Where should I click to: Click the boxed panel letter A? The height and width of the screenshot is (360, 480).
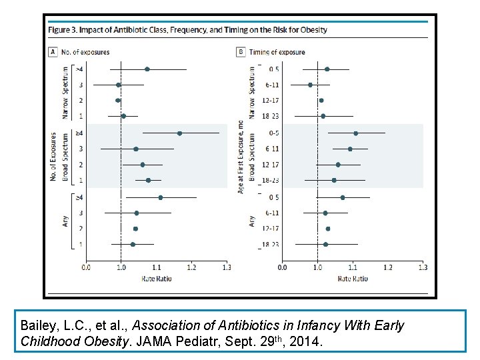tap(53, 52)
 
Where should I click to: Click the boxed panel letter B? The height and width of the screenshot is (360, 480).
tap(240, 52)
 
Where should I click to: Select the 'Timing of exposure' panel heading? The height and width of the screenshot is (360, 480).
tap(277, 52)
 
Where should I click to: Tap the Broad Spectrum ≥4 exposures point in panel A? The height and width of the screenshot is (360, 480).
tap(179, 133)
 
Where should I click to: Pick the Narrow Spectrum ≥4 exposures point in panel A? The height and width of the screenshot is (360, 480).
tap(147, 69)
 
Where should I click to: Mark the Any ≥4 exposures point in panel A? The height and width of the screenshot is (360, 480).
tap(161, 197)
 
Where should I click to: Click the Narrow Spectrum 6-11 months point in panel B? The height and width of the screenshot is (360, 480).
tap(310, 85)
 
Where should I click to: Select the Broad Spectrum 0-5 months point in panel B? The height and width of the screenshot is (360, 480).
tap(355, 133)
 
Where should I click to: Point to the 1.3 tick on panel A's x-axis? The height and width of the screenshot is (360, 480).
tap(226, 268)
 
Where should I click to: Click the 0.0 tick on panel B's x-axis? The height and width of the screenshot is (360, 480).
tap(283, 268)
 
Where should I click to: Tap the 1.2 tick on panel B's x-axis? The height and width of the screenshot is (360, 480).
tap(387, 268)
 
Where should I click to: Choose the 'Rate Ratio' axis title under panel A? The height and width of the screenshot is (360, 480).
tap(156, 279)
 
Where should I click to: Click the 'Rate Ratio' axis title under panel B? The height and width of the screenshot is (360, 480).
tap(352, 279)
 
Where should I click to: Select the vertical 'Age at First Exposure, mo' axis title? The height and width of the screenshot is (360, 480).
tap(241, 156)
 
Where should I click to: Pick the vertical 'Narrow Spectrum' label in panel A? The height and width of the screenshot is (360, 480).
tap(65, 92)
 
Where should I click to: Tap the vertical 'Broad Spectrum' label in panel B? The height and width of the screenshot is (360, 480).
tap(252, 156)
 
